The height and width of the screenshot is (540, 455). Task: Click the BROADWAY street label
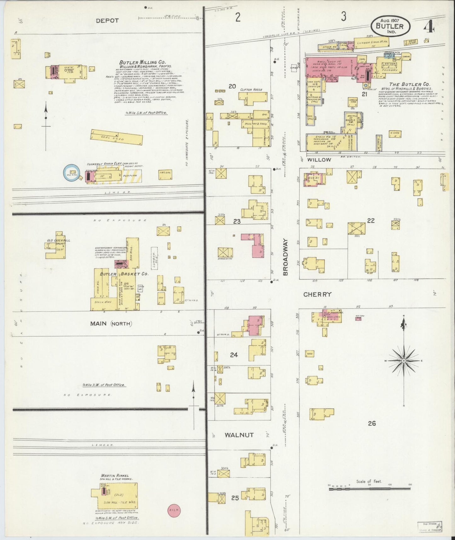(286, 257)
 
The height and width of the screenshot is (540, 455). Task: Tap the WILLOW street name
(320, 159)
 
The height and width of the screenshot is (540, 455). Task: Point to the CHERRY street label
(317, 294)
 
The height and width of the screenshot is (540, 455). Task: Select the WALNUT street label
(239, 435)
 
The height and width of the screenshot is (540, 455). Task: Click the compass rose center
(403, 360)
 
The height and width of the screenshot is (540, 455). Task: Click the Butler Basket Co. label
(124, 274)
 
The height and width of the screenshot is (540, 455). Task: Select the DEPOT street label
(107, 20)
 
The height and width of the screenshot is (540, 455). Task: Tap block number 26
(372, 423)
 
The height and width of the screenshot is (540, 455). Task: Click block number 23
(237, 221)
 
